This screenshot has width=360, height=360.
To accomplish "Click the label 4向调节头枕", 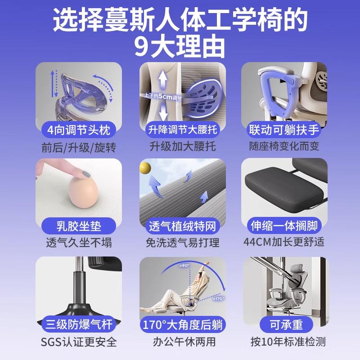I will [x=79, y=130].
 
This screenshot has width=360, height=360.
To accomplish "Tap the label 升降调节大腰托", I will [x=182, y=130].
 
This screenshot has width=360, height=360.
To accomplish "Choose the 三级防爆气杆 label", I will [x=79, y=324].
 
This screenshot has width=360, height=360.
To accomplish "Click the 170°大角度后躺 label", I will [x=182, y=324].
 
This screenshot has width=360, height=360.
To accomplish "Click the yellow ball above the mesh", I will [x=145, y=168].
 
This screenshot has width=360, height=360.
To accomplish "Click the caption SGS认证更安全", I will [x=79, y=342].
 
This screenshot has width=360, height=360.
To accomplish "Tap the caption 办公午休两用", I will [x=182, y=342].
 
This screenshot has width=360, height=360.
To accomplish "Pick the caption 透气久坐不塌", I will [x=79, y=242].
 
